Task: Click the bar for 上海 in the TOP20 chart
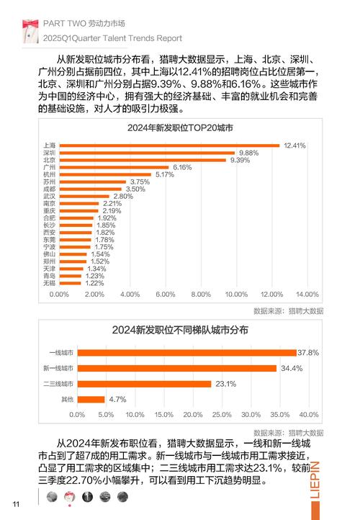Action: (x=169, y=145)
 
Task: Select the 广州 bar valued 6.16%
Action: (x=115, y=167)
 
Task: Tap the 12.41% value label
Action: (x=295, y=145)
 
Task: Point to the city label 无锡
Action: (x=49, y=283)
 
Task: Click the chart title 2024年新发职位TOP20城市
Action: (x=179, y=128)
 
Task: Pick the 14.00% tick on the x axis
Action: (x=307, y=295)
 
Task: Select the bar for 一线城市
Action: (x=187, y=353)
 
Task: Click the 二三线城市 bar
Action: (x=145, y=384)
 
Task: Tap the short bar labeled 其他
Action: (x=91, y=399)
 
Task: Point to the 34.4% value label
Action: (x=292, y=369)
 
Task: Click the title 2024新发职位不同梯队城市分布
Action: (x=180, y=330)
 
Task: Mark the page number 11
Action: (x=15, y=503)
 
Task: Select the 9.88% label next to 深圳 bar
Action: (x=248, y=153)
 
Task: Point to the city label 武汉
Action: (x=49, y=196)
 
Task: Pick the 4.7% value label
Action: (x=117, y=399)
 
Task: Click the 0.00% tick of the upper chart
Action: (x=59, y=295)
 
